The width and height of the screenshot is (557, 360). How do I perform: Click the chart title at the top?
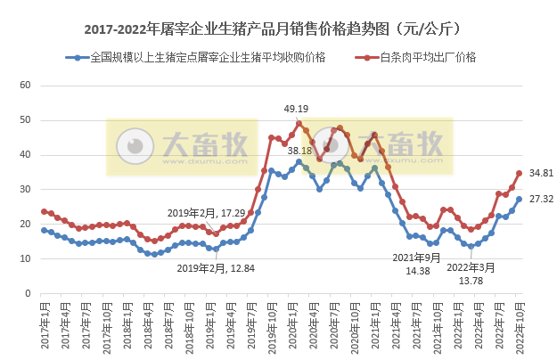click(278, 29)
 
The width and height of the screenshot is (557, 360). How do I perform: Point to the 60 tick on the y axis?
click(25, 86)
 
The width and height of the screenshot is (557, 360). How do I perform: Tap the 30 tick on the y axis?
click(25, 190)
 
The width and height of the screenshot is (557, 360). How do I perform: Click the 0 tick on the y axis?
click(28, 293)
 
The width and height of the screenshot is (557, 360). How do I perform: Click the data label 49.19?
click(297, 109)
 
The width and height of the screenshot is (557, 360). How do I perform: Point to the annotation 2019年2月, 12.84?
click(214, 267)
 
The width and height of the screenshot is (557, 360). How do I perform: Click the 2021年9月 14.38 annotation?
click(418, 264)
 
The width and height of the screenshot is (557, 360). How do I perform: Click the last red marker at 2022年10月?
click(519, 174)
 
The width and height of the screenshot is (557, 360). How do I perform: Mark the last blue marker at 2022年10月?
click(519, 200)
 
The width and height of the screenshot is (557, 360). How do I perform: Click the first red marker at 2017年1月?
click(44, 211)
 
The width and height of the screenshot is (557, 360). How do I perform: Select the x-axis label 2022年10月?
click(518, 324)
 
